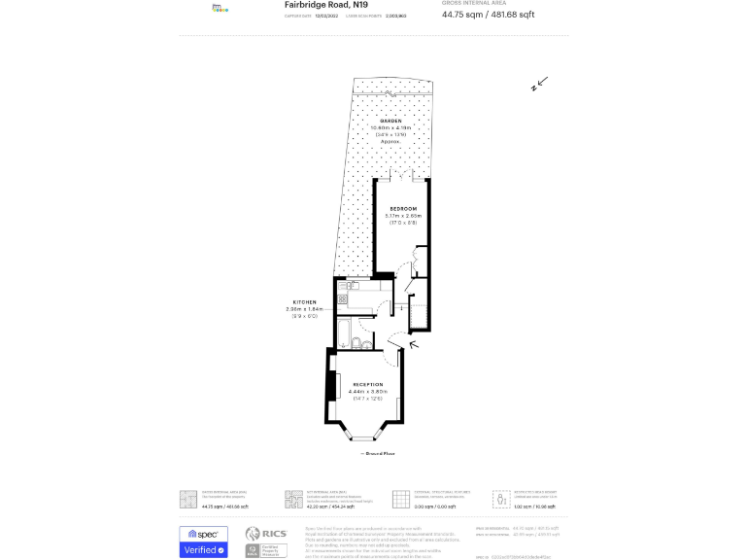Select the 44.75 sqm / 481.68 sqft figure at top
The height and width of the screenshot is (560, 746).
pyautogui.click(x=488, y=15)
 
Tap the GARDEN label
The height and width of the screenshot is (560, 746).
pyautogui.click(x=391, y=121)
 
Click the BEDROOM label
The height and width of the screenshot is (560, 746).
pyautogui.click(x=403, y=209)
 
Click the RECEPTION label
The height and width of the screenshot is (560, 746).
pyautogui.click(x=367, y=385)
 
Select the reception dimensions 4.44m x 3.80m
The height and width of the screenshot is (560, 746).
pyautogui.click(x=367, y=392)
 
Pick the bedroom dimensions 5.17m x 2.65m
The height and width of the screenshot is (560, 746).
pyautogui.click(x=403, y=216)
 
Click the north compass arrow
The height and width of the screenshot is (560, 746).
pyautogui.click(x=539, y=84)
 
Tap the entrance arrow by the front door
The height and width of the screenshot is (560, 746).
pyautogui.click(x=415, y=342)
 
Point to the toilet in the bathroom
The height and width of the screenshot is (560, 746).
pyautogui.click(x=360, y=344)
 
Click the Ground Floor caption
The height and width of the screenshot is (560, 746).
pyautogui.click(x=380, y=453)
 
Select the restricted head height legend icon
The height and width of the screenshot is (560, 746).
pyautogui.click(x=501, y=498)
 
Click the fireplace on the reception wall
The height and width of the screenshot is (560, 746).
pyautogui.click(x=330, y=387)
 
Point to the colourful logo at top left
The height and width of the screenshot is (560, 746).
pyautogui.click(x=220, y=8)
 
